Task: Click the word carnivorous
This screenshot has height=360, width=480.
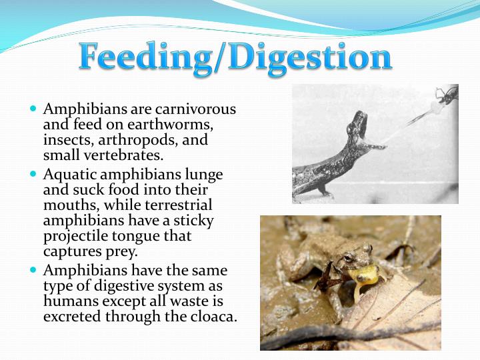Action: point(199,109)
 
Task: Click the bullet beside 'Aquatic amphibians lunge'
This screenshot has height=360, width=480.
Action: point(33,173)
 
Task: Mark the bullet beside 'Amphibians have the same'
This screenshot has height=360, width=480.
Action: point(33,270)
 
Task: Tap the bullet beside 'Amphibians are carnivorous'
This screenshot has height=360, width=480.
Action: point(33,108)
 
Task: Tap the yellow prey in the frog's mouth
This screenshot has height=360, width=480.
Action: point(367,273)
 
